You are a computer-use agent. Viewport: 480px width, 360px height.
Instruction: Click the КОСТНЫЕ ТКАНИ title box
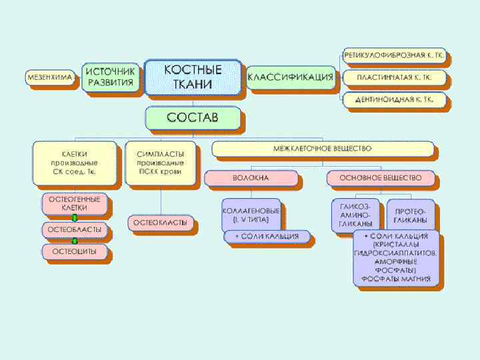(193, 77)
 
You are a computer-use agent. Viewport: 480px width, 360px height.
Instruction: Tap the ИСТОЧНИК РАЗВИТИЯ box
(110, 77)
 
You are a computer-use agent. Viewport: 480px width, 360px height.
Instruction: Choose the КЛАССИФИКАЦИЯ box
(290, 77)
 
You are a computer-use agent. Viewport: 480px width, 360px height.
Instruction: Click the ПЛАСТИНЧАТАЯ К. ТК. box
(395, 77)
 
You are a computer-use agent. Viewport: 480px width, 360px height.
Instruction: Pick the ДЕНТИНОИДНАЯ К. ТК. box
(395, 100)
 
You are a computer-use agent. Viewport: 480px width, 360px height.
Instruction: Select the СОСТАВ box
(192, 119)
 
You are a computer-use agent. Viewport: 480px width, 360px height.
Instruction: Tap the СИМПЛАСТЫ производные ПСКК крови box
(160, 162)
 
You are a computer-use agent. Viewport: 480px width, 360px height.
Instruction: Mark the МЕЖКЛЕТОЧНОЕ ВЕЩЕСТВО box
(323, 148)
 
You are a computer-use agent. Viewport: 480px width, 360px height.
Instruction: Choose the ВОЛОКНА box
(251, 178)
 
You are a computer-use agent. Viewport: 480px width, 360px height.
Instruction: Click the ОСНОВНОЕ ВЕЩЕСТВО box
(381, 178)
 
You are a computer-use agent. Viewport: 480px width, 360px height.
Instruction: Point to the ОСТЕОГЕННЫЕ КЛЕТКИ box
(74, 203)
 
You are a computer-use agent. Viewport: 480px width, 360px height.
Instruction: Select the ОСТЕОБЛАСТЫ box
(74, 229)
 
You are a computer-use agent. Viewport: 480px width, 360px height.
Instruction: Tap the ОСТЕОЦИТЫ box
(74, 251)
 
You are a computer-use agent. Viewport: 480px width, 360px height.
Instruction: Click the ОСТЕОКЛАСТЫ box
(160, 223)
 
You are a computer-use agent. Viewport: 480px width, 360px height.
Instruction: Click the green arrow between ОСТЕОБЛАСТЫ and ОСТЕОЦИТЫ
(75, 241)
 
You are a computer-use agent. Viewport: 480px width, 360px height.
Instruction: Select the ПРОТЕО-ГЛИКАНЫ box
(411, 215)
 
